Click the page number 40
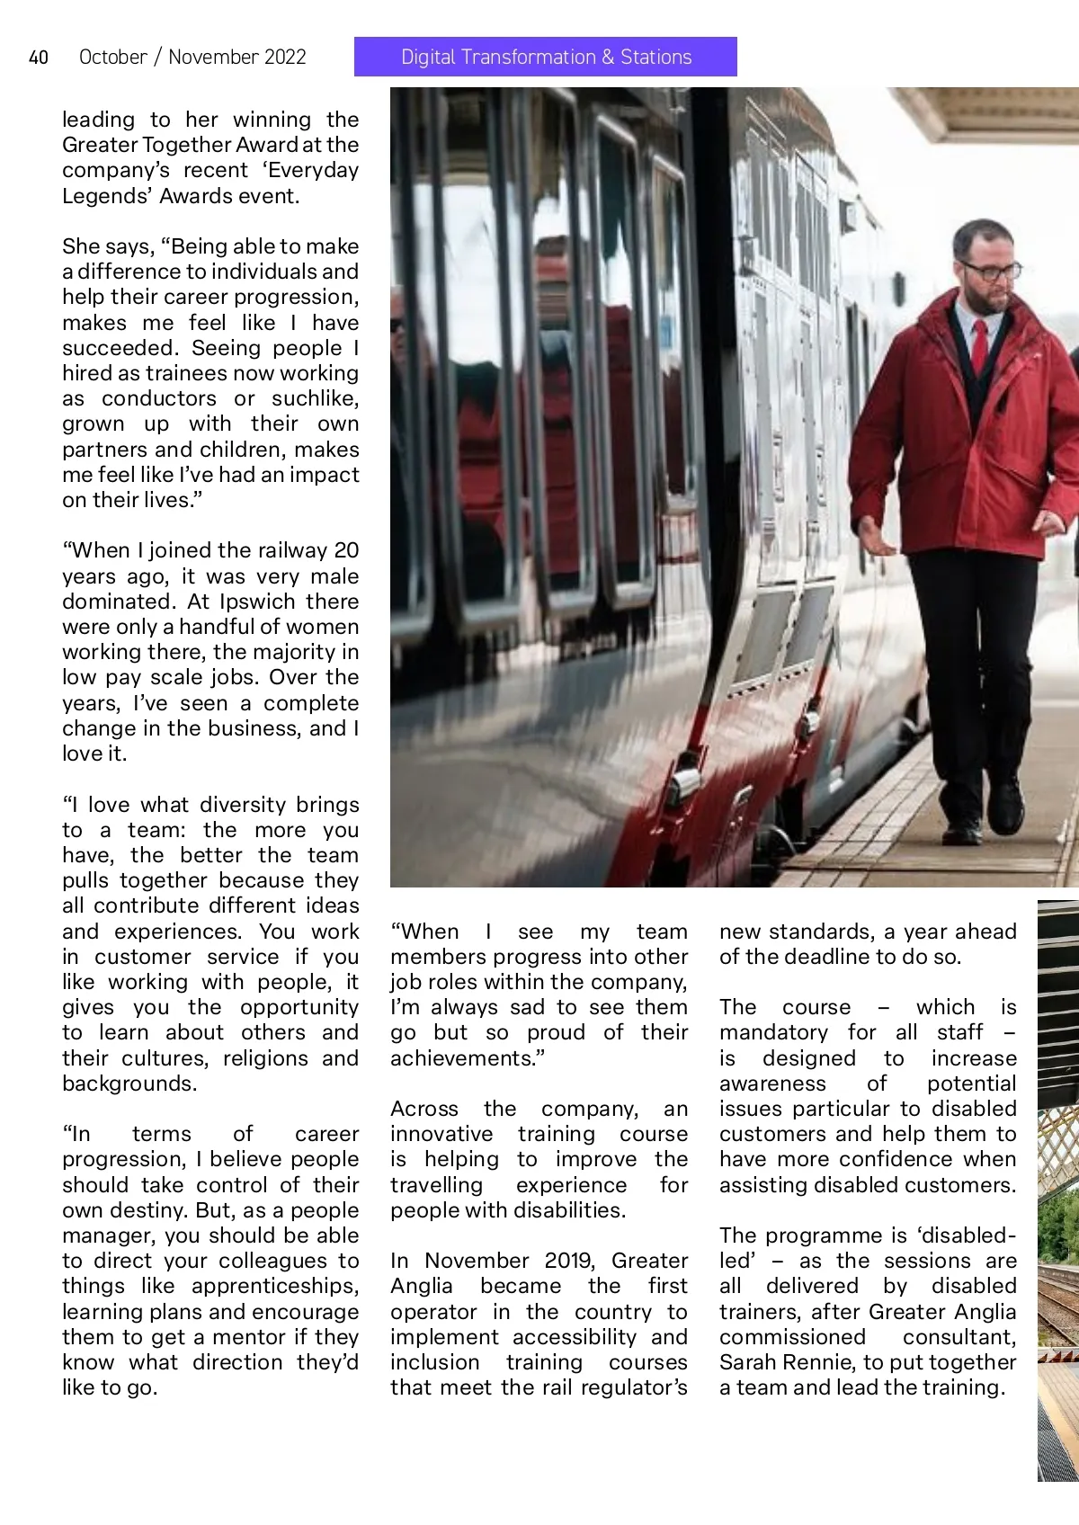click(x=39, y=58)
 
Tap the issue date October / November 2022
click(x=192, y=58)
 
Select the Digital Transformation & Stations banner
click(x=546, y=57)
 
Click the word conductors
click(x=159, y=398)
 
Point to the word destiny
click(x=147, y=1209)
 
